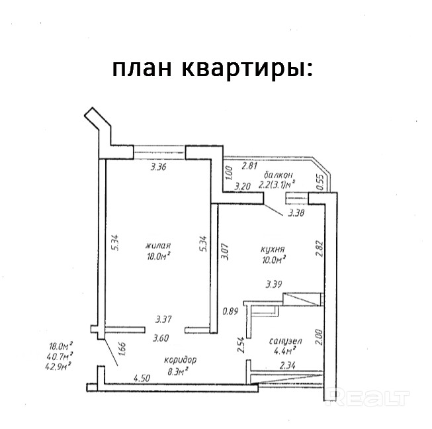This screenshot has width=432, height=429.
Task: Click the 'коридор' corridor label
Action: tap(181, 359)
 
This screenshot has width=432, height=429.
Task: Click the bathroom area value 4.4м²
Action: tap(284, 352)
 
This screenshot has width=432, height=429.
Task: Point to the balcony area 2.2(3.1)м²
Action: tap(277, 185)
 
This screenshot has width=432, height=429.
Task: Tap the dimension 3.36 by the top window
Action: tap(158, 167)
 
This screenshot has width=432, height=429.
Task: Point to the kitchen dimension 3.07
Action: tap(224, 252)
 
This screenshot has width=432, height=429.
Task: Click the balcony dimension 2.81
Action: tap(249, 168)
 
